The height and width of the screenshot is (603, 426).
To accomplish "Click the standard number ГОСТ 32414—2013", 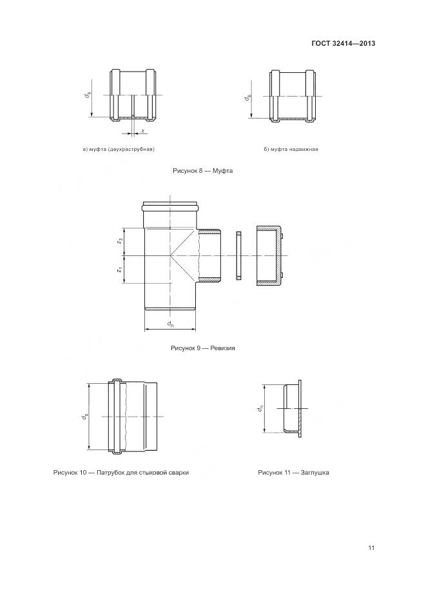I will click(x=344, y=44).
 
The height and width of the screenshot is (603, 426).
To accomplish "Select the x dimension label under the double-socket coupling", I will click(x=142, y=132).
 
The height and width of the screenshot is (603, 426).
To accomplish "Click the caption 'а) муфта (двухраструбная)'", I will click(x=119, y=150).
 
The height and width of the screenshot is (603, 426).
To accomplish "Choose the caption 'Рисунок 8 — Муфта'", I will click(x=202, y=171).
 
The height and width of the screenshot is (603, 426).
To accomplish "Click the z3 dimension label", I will click(x=120, y=241).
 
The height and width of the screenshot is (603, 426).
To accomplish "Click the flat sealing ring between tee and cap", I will click(x=238, y=255).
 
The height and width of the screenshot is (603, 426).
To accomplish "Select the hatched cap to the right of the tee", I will click(x=269, y=255).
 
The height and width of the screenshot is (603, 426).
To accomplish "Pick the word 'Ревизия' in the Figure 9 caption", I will click(x=220, y=348).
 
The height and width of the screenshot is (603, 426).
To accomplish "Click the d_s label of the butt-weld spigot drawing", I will click(x=84, y=417).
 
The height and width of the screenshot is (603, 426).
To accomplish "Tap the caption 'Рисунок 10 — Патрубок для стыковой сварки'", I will click(x=121, y=473).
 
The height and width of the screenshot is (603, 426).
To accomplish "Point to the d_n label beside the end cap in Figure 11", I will click(x=260, y=408).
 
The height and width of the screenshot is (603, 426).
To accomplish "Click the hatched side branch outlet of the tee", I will click(x=209, y=255).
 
